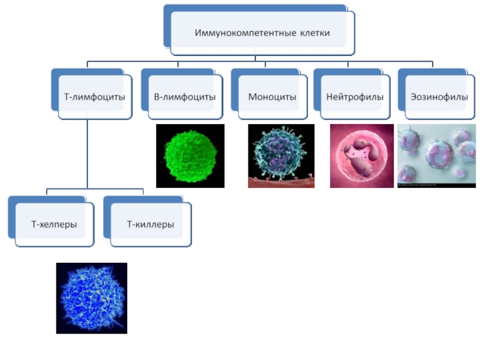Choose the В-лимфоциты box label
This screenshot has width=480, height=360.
185,96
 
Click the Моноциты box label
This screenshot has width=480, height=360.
272,96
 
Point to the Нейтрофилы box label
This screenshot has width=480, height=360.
355,96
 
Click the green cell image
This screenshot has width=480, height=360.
190,156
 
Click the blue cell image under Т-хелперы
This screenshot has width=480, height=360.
91,298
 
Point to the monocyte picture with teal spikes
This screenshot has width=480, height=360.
281,153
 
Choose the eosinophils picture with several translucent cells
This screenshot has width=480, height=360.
436,155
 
